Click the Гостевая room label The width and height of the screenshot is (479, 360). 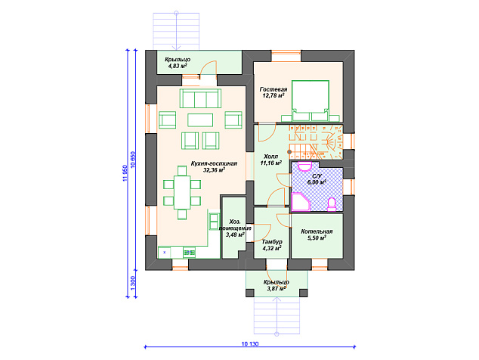click(x=273, y=89)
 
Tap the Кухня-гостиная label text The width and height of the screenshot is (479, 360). click(x=214, y=163)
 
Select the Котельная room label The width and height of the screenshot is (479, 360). click(x=317, y=231)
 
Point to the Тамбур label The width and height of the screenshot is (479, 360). click(x=272, y=242)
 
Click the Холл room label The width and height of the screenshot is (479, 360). click(x=270, y=157)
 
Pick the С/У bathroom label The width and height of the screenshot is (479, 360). click(x=317, y=176)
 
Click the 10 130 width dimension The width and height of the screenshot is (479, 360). click(x=250, y=344)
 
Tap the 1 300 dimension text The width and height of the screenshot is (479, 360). click(x=132, y=283)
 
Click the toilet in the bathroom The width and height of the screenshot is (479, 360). click(x=332, y=204)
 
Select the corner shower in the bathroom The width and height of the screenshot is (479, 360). click(x=301, y=202)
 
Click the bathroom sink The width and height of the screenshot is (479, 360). click(x=304, y=166)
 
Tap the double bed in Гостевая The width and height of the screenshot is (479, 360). click(x=311, y=101)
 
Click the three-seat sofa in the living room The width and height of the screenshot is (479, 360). click(x=200, y=98)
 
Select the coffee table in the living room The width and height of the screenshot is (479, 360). click(x=200, y=120)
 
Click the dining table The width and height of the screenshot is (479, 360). click(x=182, y=192)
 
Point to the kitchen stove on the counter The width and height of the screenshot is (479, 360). click(x=189, y=253)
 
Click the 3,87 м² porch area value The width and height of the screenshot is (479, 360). click(x=277, y=288)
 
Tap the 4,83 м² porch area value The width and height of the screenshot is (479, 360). click(x=178, y=66)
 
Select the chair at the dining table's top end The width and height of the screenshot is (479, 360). click(x=182, y=171)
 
